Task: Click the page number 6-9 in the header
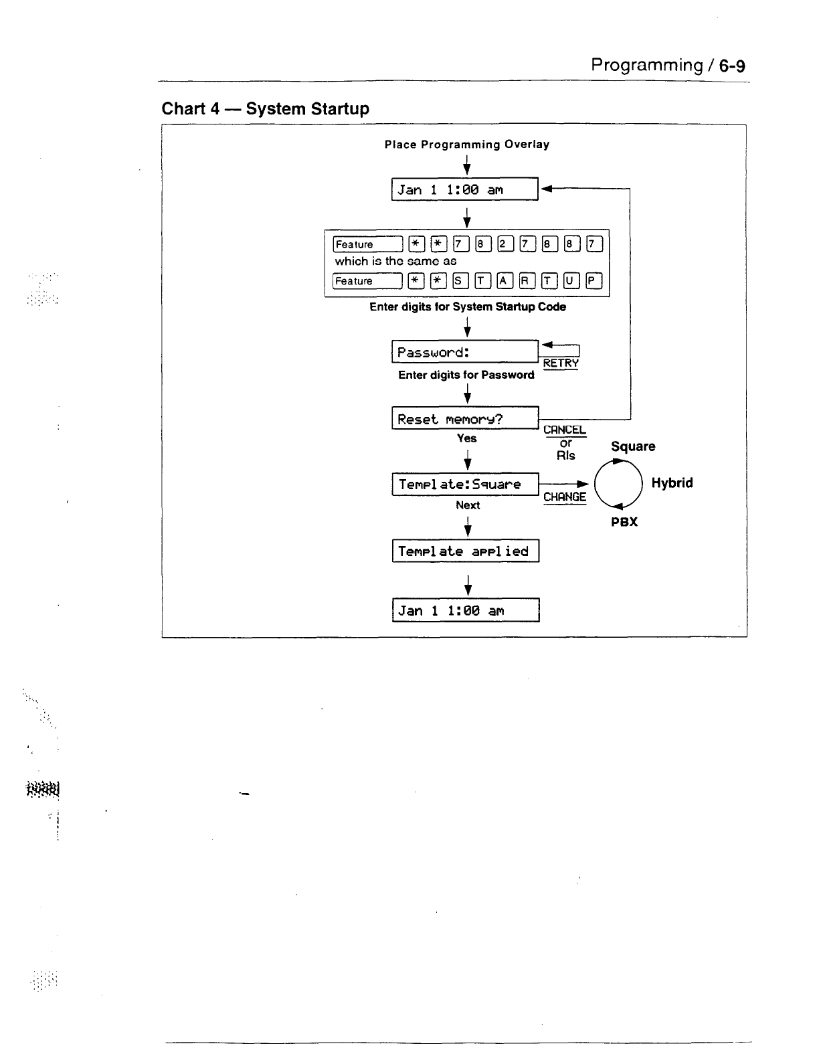732,66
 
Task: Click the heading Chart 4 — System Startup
265,108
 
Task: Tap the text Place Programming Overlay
466,145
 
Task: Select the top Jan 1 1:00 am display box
464,189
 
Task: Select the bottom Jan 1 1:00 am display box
465,610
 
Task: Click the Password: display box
464,352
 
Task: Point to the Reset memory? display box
464,419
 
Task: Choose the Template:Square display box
464,484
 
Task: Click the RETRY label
561,363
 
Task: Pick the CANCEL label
564,430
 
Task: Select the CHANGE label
564,497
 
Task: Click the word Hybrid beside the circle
672,483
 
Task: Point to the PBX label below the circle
624,522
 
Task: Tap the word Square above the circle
633,446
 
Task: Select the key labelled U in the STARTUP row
569,281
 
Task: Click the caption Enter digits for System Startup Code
467,306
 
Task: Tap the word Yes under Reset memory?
466,438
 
